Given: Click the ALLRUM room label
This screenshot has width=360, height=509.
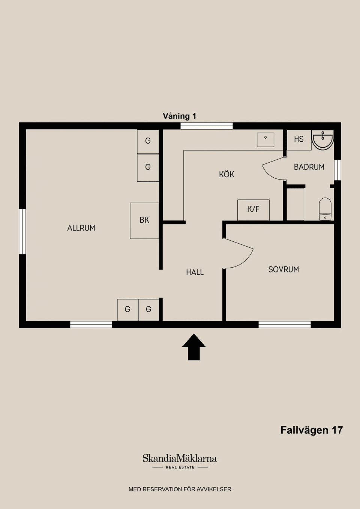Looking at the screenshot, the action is [x=81, y=228].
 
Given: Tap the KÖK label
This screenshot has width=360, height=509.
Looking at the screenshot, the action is [x=226, y=174].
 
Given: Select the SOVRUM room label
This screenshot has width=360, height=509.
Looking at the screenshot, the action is [x=283, y=269].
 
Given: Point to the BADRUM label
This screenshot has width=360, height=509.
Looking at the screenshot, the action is [x=309, y=167].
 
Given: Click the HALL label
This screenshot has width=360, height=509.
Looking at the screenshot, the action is [x=195, y=272].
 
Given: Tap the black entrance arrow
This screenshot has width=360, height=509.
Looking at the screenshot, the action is [x=194, y=347].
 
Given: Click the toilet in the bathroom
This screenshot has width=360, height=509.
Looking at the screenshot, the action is [x=325, y=209].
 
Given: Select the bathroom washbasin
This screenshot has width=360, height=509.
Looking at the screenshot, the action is [x=322, y=141].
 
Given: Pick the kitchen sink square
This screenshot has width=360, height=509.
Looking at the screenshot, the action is [x=265, y=140].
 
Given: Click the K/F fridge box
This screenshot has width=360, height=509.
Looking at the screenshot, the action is [x=253, y=210].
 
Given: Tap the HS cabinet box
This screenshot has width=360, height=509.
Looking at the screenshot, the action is [x=299, y=140].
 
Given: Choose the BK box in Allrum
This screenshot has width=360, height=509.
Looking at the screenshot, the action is [x=144, y=221].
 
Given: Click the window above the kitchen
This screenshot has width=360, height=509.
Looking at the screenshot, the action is [x=207, y=126].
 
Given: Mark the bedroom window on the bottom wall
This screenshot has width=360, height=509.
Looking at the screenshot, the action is [x=285, y=325].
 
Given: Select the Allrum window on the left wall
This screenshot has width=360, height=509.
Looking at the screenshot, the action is [x=22, y=232].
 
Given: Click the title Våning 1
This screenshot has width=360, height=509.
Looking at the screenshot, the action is [x=179, y=116].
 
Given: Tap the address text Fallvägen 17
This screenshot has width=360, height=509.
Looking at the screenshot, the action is [x=311, y=430].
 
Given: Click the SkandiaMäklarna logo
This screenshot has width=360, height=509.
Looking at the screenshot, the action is [x=180, y=461].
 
